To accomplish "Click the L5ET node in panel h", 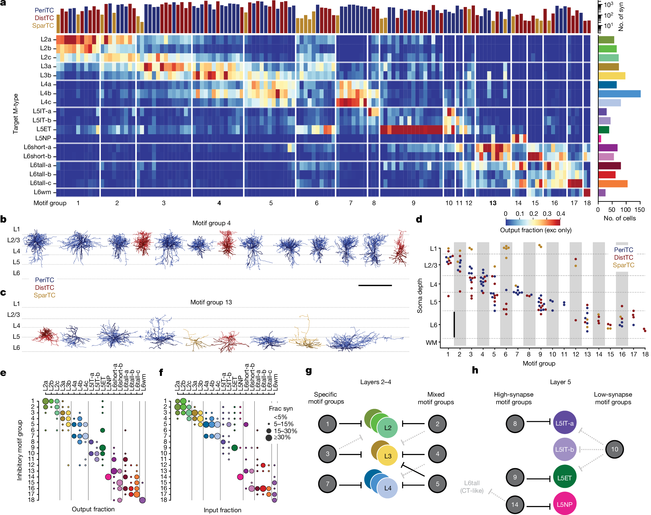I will pyautogui.click(x=564, y=478).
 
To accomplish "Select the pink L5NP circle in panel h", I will pyautogui.click(x=564, y=504).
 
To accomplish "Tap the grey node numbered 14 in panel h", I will pyautogui.click(x=515, y=504).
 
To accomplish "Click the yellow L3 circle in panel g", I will pyautogui.click(x=387, y=456).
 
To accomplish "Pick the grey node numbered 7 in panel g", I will pyautogui.click(x=327, y=484).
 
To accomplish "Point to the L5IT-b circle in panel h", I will pyautogui.click(x=564, y=449).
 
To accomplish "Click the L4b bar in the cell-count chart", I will pyautogui.click(x=619, y=93).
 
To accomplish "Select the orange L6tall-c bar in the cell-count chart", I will pyautogui.click(x=613, y=184).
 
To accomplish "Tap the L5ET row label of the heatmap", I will pyautogui.click(x=44, y=129).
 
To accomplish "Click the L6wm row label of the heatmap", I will pyautogui.click(x=42, y=192).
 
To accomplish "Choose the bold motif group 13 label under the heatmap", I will pyautogui.click(x=493, y=203).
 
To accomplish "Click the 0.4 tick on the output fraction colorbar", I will pyautogui.click(x=561, y=214).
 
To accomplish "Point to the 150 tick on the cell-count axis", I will pyautogui.click(x=639, y=210).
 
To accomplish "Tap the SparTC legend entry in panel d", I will pyautogui.click(x=623, y=265).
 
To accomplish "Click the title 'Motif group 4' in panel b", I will pyautogui.click(x=211, y=223).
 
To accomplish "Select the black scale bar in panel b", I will pyautogui.click(x=375, y=285).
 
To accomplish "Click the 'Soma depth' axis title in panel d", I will pyautogui.click(x=420, y=296).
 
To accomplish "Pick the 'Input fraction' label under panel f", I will pyautogui.click(x=222, y=510).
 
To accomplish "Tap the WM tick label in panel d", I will pyautogui.click(x=431, y=343).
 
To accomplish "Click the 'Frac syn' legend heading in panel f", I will pyautogui.click(x=281, y=408).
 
